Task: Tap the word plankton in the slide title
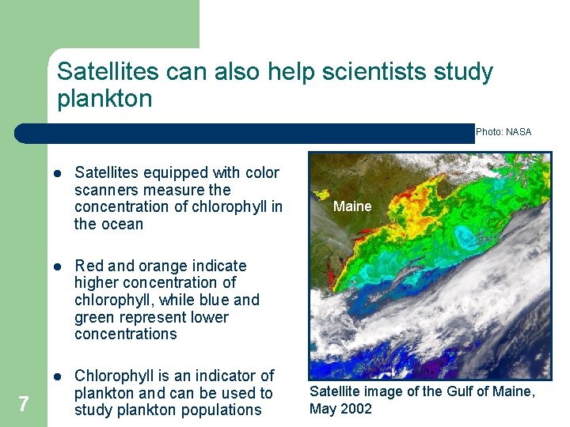click(x=104, y=99)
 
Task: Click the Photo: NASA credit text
click(x=503, y=132)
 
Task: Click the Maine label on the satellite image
click(x=352, y=206)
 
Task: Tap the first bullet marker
click(x=58, y=173)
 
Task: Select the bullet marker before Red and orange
click(x=58, y=266)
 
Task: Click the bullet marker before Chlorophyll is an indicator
click(x=58, y=376)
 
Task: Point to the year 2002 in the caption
click(x=358, y=409)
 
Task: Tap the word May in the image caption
click(x=323, y=409)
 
